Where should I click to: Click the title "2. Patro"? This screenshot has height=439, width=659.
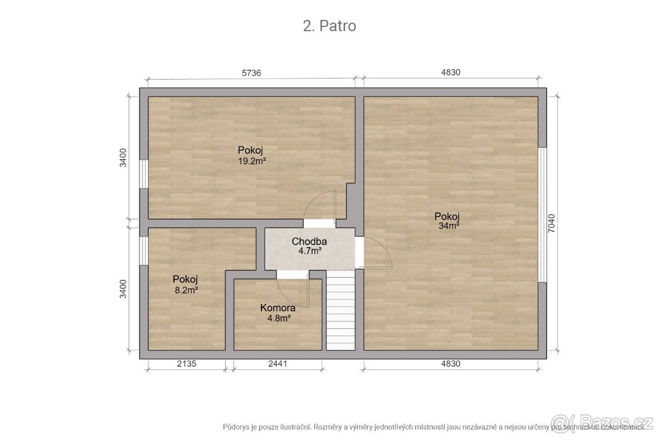329,26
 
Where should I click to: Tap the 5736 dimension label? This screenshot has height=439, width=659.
252,73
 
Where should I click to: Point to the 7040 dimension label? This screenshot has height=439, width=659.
551,223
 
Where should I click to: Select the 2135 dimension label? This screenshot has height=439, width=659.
187,364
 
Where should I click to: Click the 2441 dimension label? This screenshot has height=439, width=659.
278,364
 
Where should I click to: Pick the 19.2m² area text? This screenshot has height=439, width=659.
252,161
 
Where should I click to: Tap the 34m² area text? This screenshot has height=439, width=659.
449,226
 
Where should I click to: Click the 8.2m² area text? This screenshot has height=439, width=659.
186,290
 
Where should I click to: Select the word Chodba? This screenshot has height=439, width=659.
309,241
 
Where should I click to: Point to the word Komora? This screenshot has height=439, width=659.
278,308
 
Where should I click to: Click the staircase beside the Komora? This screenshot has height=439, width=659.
340,310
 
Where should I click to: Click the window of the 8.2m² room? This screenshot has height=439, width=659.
143,251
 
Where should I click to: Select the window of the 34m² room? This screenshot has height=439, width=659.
543,215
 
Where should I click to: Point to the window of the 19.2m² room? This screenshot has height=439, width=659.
143,174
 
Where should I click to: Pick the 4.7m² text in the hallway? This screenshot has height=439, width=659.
310,251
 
